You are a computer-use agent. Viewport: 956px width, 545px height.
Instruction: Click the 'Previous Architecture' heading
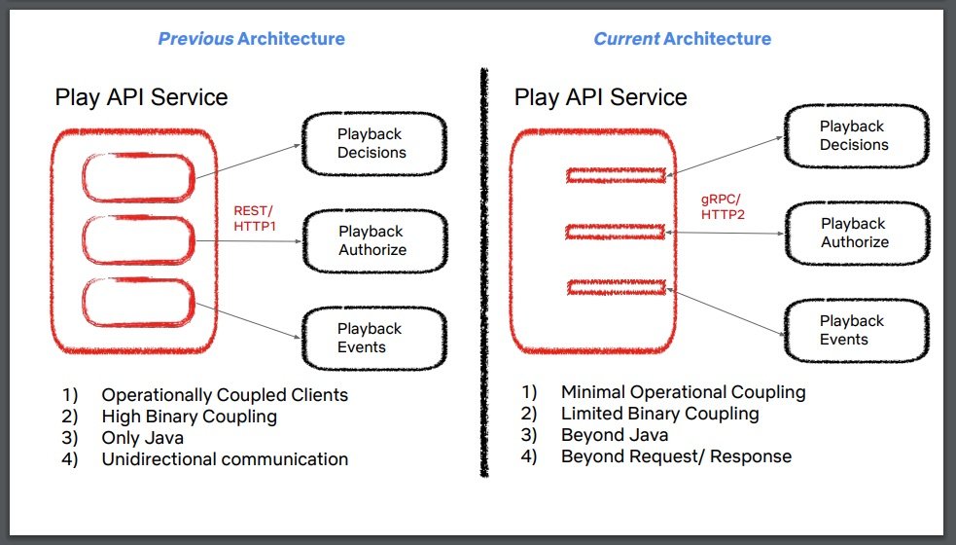(251, 39)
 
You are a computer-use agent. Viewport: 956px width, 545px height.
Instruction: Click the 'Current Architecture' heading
(682, 39)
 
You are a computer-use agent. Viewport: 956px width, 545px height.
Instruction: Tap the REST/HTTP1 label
(255, 217)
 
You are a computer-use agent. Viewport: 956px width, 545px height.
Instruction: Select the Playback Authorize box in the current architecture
(854, 233)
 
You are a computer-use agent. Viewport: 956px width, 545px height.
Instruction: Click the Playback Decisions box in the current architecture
(853, 135)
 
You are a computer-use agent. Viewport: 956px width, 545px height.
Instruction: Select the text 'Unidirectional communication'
(225, 459)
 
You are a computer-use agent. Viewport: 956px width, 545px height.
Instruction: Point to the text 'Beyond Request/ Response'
(676, 455)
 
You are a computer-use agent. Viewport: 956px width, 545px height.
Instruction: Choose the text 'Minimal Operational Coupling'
(683, 392)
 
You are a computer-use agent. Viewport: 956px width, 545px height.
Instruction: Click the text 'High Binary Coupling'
(189, 417)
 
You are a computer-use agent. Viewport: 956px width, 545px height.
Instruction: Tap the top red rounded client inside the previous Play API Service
(138, 179)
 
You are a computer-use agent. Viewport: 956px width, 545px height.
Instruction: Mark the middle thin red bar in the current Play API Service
(616, 232)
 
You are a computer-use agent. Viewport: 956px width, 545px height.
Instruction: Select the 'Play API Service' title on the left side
(141, 97)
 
